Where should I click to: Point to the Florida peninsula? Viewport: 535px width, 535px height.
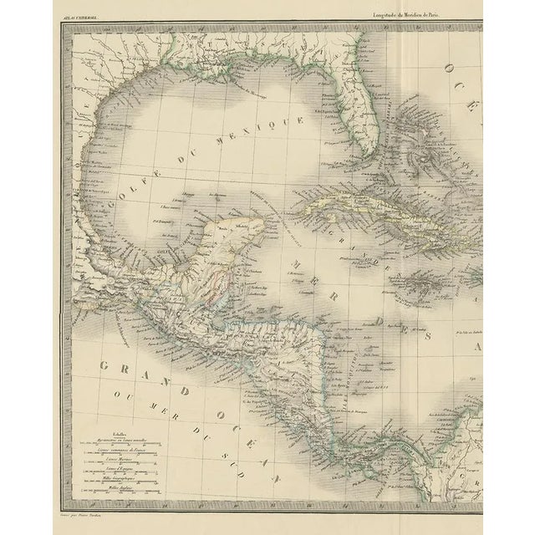pyautogui.click(x=361, y=125)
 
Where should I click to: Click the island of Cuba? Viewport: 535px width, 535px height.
pyautogui.click(x=368, y=213)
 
